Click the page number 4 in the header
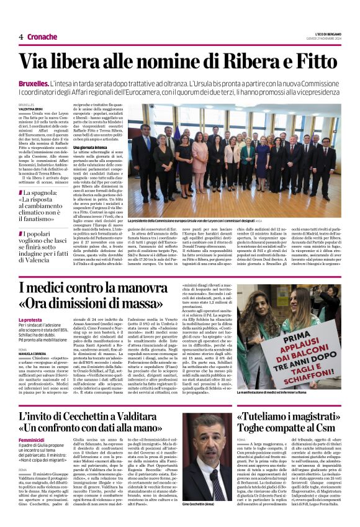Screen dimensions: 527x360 click(x=20, y=37)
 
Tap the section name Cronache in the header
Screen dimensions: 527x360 click(x=42, y=37)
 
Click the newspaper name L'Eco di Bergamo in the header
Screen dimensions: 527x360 click(x=325, y=33)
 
